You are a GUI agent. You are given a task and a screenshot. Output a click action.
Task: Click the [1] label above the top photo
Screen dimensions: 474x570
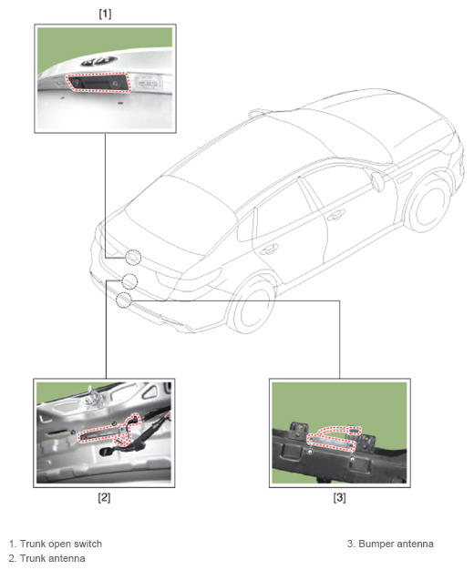(x=105, y=14)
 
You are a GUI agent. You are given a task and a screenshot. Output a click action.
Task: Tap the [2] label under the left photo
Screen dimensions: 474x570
(x=104, y=497)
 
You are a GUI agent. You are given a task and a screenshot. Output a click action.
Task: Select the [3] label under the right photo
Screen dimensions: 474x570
(x=339, y=497)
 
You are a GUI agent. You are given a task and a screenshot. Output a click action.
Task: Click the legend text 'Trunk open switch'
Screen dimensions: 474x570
(x=61, y=544)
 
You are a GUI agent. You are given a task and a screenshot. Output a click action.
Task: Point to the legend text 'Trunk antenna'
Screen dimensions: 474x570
(x=53, y=558)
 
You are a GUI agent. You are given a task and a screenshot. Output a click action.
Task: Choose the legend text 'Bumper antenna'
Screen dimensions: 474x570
(x=396, y=544)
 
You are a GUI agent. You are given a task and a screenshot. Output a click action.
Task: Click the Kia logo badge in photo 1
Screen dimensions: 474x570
(x=99, y=61)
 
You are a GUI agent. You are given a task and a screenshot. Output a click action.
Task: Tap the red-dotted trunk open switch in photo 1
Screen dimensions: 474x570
(x=98, y=82)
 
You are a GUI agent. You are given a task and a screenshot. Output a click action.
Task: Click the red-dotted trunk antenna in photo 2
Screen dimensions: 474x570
(x=109, y=431)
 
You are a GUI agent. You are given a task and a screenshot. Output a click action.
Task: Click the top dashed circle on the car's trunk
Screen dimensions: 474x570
(x=133, y=258)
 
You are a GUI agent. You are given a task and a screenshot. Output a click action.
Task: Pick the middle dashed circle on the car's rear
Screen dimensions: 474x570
(x=129, y=281)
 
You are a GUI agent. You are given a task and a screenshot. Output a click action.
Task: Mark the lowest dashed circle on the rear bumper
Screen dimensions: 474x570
(x=123, y=300)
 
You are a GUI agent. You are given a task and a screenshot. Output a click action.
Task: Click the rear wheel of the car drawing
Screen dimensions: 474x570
(x=252, y=305)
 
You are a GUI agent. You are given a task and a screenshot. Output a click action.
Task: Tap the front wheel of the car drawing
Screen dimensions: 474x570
(x=428, y=206)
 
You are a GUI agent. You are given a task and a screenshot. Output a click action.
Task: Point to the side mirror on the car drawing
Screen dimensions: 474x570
(x=377, y=181)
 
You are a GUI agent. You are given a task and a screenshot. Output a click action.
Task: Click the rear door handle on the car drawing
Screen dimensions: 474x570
(x=269, y=249)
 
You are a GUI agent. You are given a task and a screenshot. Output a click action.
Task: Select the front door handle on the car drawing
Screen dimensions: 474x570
(x=335, y=216)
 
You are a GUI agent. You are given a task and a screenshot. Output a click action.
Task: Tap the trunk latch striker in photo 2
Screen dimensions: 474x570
(x=93, y=396)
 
